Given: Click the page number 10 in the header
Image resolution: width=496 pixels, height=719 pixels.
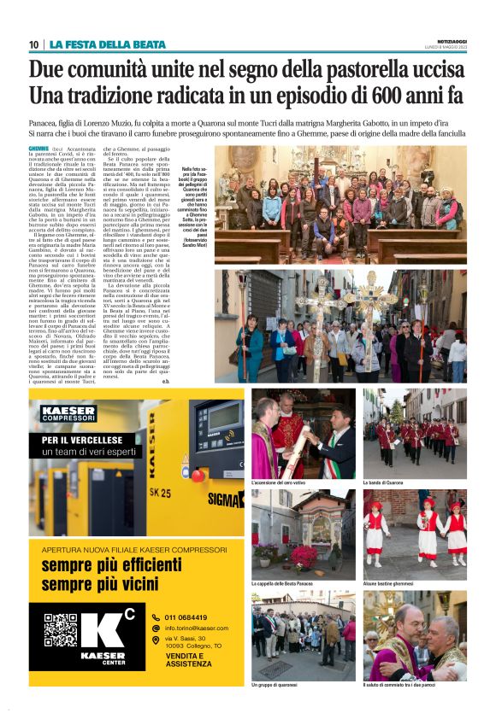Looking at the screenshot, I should tap(33, 44).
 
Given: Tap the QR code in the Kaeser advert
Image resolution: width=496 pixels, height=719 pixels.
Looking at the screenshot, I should tap(61, 630).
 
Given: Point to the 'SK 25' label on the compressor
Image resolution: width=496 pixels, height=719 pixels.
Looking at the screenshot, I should tap(160, 493).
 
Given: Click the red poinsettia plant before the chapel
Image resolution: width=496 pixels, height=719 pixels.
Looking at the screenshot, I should tap(304, 556).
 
